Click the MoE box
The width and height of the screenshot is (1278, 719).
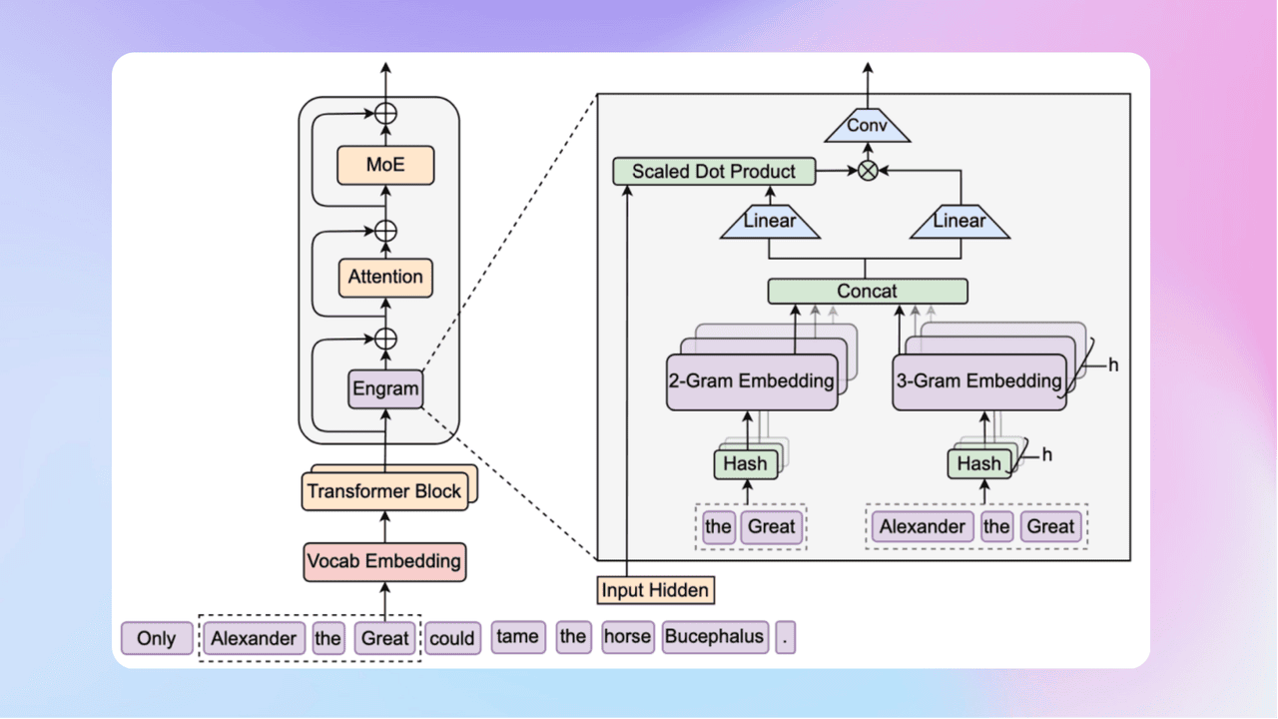pos(385,165)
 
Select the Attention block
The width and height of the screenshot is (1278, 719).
pos(385,277)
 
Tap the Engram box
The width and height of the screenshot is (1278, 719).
pos(385,387)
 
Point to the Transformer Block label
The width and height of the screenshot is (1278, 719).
pos(384,491)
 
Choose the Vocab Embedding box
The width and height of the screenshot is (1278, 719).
pos(384,561)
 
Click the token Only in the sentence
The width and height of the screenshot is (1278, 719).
pos(156,639)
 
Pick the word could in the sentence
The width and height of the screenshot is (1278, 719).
pos(451,639)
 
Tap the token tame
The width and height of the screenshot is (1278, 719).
pos(518,637)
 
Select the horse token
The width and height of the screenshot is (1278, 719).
pos(627,637)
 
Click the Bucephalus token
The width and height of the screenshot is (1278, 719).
pos(715,637)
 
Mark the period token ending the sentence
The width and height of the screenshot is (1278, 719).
pos(785,638)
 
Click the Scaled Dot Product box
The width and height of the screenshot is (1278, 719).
pos(714,172)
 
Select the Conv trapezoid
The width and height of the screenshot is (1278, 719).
pos(867,127)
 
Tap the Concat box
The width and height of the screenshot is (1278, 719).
pos(867,292)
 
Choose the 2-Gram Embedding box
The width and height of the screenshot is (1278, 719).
pos(752,381)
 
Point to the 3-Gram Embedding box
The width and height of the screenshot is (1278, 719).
pos(977,381)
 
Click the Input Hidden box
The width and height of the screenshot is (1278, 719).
pos(656,590)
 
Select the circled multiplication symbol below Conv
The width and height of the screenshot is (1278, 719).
pos(868,172)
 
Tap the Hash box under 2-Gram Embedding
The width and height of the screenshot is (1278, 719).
pos(745,463)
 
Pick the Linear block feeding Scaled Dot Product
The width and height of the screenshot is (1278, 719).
pos(770,221)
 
